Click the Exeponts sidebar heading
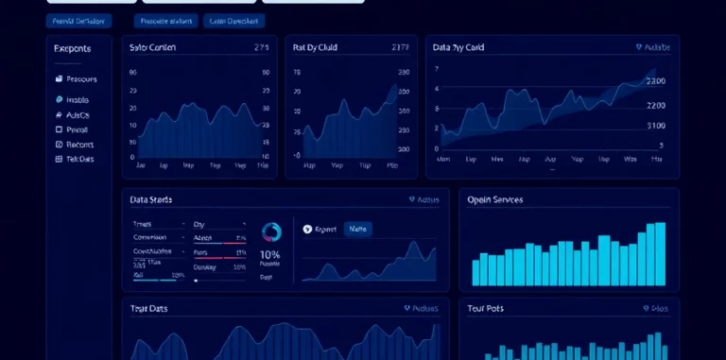point(72,48)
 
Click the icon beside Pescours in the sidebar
point(59,79)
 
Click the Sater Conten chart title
point(152,47)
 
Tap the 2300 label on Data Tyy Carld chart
point(655,81)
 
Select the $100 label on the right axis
point(655,125)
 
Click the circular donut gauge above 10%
point(271,232)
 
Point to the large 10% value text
point(269,255)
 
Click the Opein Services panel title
point(495,200)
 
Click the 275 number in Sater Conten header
point(263,47)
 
